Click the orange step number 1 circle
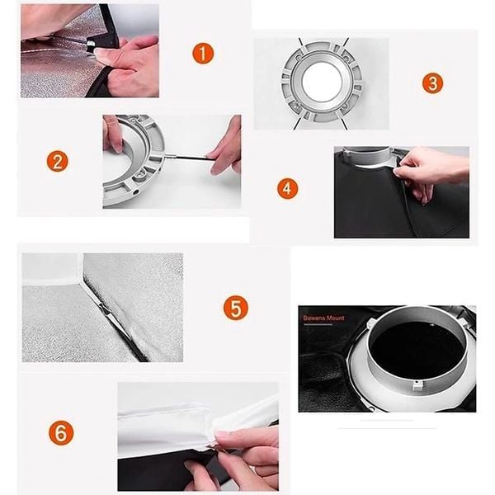pyautogui.click(x=203, y=54)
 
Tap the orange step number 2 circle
pyautogui.click(x=56, y=160)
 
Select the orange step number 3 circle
pyautogui.click(x=432, y=82)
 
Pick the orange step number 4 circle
pyautogui.click(x=287, y=188)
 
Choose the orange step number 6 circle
pyautogui.click(x=60, y=431)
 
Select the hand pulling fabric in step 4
pyautogui.click(x=429, y=169)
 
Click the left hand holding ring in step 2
pyautogui.click(x=112, y=134)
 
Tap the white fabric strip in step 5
pyautogui.click(x=49, y=280)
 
